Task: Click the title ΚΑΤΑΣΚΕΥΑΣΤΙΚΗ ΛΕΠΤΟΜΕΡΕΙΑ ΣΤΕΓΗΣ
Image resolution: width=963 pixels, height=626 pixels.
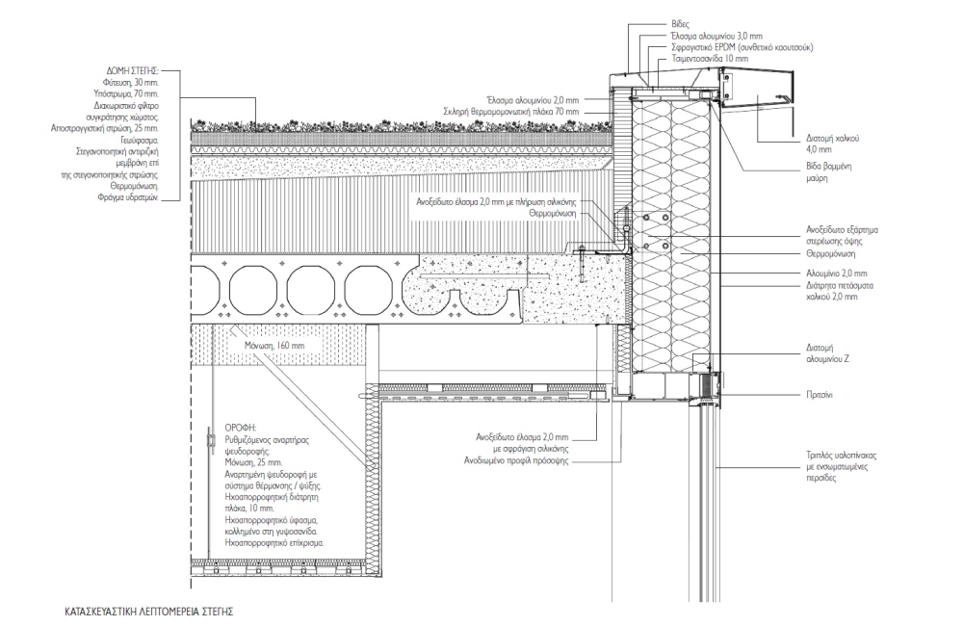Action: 149,612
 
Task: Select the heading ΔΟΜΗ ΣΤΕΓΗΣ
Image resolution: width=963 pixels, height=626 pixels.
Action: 133,70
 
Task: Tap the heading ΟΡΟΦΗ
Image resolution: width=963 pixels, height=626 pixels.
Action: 240,428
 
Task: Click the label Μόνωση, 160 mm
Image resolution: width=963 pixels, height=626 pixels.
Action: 273,346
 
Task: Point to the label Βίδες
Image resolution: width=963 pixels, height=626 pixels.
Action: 681,25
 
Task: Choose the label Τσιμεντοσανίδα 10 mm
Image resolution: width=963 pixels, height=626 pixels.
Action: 710,59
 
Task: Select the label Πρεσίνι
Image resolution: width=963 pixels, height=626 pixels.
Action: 820,395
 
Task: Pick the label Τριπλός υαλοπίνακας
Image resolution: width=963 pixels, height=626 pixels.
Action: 841,456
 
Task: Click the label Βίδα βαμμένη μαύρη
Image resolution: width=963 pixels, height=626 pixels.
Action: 828,172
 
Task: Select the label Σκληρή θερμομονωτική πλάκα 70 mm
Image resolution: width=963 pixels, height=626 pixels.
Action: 511,112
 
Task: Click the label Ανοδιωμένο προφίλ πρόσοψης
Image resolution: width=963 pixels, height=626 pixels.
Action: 516,460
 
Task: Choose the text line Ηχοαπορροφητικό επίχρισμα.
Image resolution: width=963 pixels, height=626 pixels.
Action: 274,543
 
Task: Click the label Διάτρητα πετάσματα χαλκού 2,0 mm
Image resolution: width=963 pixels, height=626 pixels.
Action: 840,291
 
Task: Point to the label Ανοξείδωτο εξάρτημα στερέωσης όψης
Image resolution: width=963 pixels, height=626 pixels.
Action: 842,236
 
